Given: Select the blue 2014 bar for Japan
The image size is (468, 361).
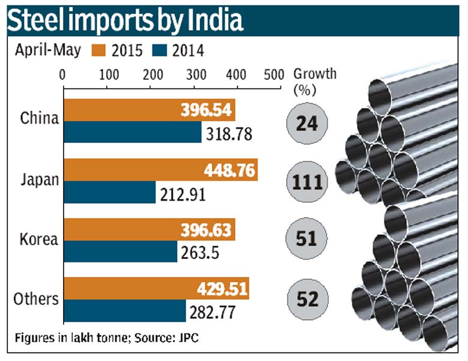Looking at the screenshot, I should (x=109, y=193).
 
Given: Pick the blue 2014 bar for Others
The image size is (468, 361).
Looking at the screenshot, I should (x=124, y=311).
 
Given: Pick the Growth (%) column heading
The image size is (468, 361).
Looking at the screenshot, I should (x=314, y=80).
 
